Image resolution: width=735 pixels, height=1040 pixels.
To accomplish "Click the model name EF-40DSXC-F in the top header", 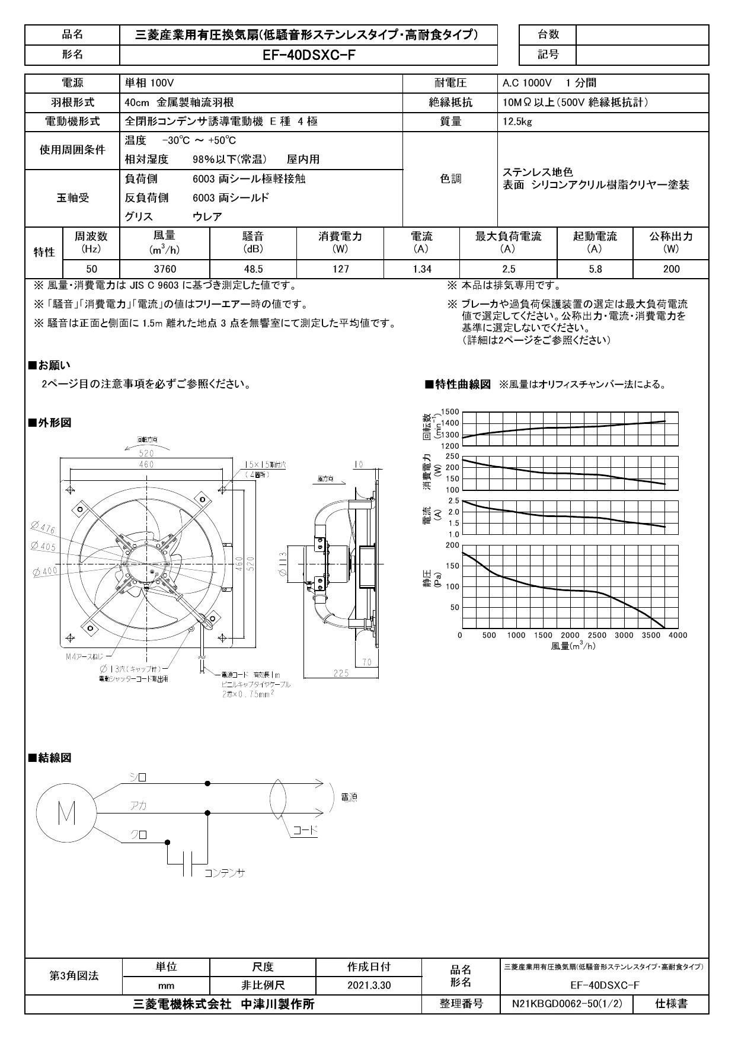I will tap(308, 55).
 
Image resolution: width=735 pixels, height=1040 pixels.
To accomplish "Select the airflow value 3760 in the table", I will tap(165, 269).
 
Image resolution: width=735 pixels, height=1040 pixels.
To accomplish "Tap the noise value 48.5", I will tap(253, 269).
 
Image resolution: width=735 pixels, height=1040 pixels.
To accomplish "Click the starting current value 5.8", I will tap(595, 269).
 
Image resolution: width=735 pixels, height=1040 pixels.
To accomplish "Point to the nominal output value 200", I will tap(671, 269).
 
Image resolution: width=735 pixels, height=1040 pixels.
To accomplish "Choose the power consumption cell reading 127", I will tap(340, 269).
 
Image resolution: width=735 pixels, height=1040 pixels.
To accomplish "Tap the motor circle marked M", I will tap(66, 816).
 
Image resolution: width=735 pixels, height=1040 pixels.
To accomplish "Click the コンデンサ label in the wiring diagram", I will tap(225, 873).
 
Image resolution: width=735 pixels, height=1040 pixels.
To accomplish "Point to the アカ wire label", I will tap(139, 806).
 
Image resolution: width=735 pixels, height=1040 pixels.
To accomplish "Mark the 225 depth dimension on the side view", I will tap(340, 673).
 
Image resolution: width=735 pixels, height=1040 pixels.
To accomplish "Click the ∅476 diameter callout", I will tap(43, 528).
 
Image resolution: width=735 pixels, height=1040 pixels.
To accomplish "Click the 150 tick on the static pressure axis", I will tap(452, 566).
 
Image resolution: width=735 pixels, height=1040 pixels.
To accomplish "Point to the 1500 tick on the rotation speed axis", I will tap(450, 411).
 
